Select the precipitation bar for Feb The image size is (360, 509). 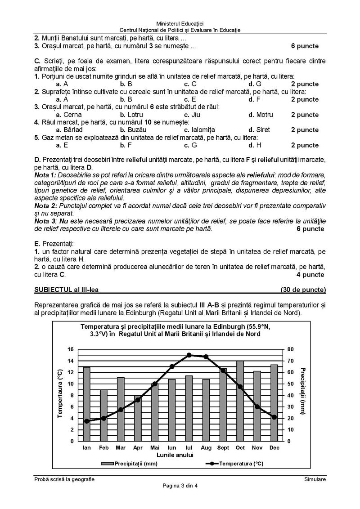103,415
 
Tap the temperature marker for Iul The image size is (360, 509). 189,355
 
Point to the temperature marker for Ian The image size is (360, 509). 86,421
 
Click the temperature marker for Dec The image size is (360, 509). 274,417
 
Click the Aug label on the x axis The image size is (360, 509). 206,448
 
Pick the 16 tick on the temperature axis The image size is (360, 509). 70,349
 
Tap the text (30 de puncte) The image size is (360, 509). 303,289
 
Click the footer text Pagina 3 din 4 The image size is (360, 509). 180,485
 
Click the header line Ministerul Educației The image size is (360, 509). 180,23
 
